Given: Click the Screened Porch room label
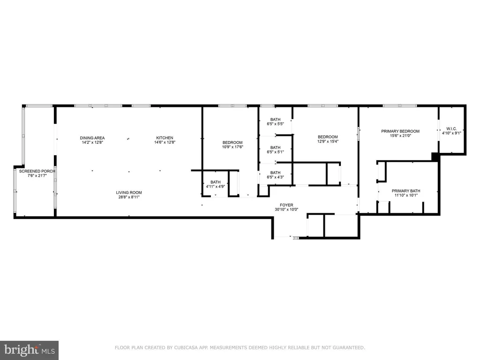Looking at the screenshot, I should pos(37,172).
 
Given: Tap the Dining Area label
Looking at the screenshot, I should pos(92,137).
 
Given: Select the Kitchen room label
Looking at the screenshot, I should pos(165,137).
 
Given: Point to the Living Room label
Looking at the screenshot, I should pos(129,193).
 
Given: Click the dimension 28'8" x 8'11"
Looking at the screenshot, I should pos(129,197).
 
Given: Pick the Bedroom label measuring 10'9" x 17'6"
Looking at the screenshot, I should pos(232,142).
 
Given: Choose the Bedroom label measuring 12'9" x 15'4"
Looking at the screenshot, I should pos(328,137).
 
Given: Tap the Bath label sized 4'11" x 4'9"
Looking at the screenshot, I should pos(215,182).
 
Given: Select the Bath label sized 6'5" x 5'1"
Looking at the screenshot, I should pos(275,148).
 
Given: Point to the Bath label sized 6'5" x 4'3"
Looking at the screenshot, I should pos(275,172).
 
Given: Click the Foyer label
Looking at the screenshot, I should pos(286,205).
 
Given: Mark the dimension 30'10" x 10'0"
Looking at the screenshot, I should pos(286,210).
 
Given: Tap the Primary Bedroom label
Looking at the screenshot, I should pos(400,131).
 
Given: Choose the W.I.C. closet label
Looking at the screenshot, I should pos(452,128).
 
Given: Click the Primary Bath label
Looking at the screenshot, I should pos(406,191).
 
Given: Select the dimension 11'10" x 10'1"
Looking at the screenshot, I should pos(406,195).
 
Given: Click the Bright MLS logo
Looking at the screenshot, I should pos(29,349).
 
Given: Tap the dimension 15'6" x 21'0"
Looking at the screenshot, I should pos(400,136).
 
